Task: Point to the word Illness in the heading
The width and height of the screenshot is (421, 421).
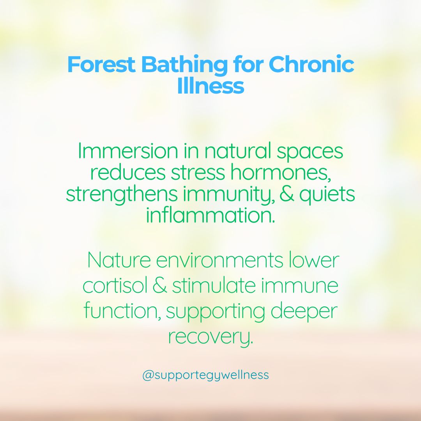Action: coord(210,86)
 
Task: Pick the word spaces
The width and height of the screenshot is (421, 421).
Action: coord(310,152)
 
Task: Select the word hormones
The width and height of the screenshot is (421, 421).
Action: coord(281,173)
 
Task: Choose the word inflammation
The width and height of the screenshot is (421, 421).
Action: coord(210,216)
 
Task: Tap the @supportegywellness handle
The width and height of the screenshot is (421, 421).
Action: coord(205,375)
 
